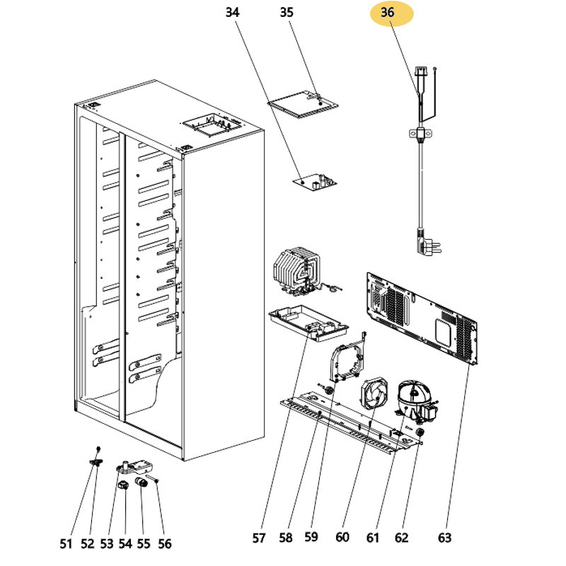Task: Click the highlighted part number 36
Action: (387, 13)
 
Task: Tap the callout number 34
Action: (233, 13)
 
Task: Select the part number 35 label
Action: (286, 13)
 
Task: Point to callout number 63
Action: (444, 538)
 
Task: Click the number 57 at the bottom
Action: (259, 538)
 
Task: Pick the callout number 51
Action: (66, 543)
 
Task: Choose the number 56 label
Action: (163, 543)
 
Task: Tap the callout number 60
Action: (342, 538)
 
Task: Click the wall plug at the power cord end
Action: (428, 246)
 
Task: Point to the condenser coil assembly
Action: (296, 272)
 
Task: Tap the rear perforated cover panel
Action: (422, 316)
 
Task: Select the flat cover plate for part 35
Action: (302, 104)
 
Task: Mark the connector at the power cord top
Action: (423, 74)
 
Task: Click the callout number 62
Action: (401, 538)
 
